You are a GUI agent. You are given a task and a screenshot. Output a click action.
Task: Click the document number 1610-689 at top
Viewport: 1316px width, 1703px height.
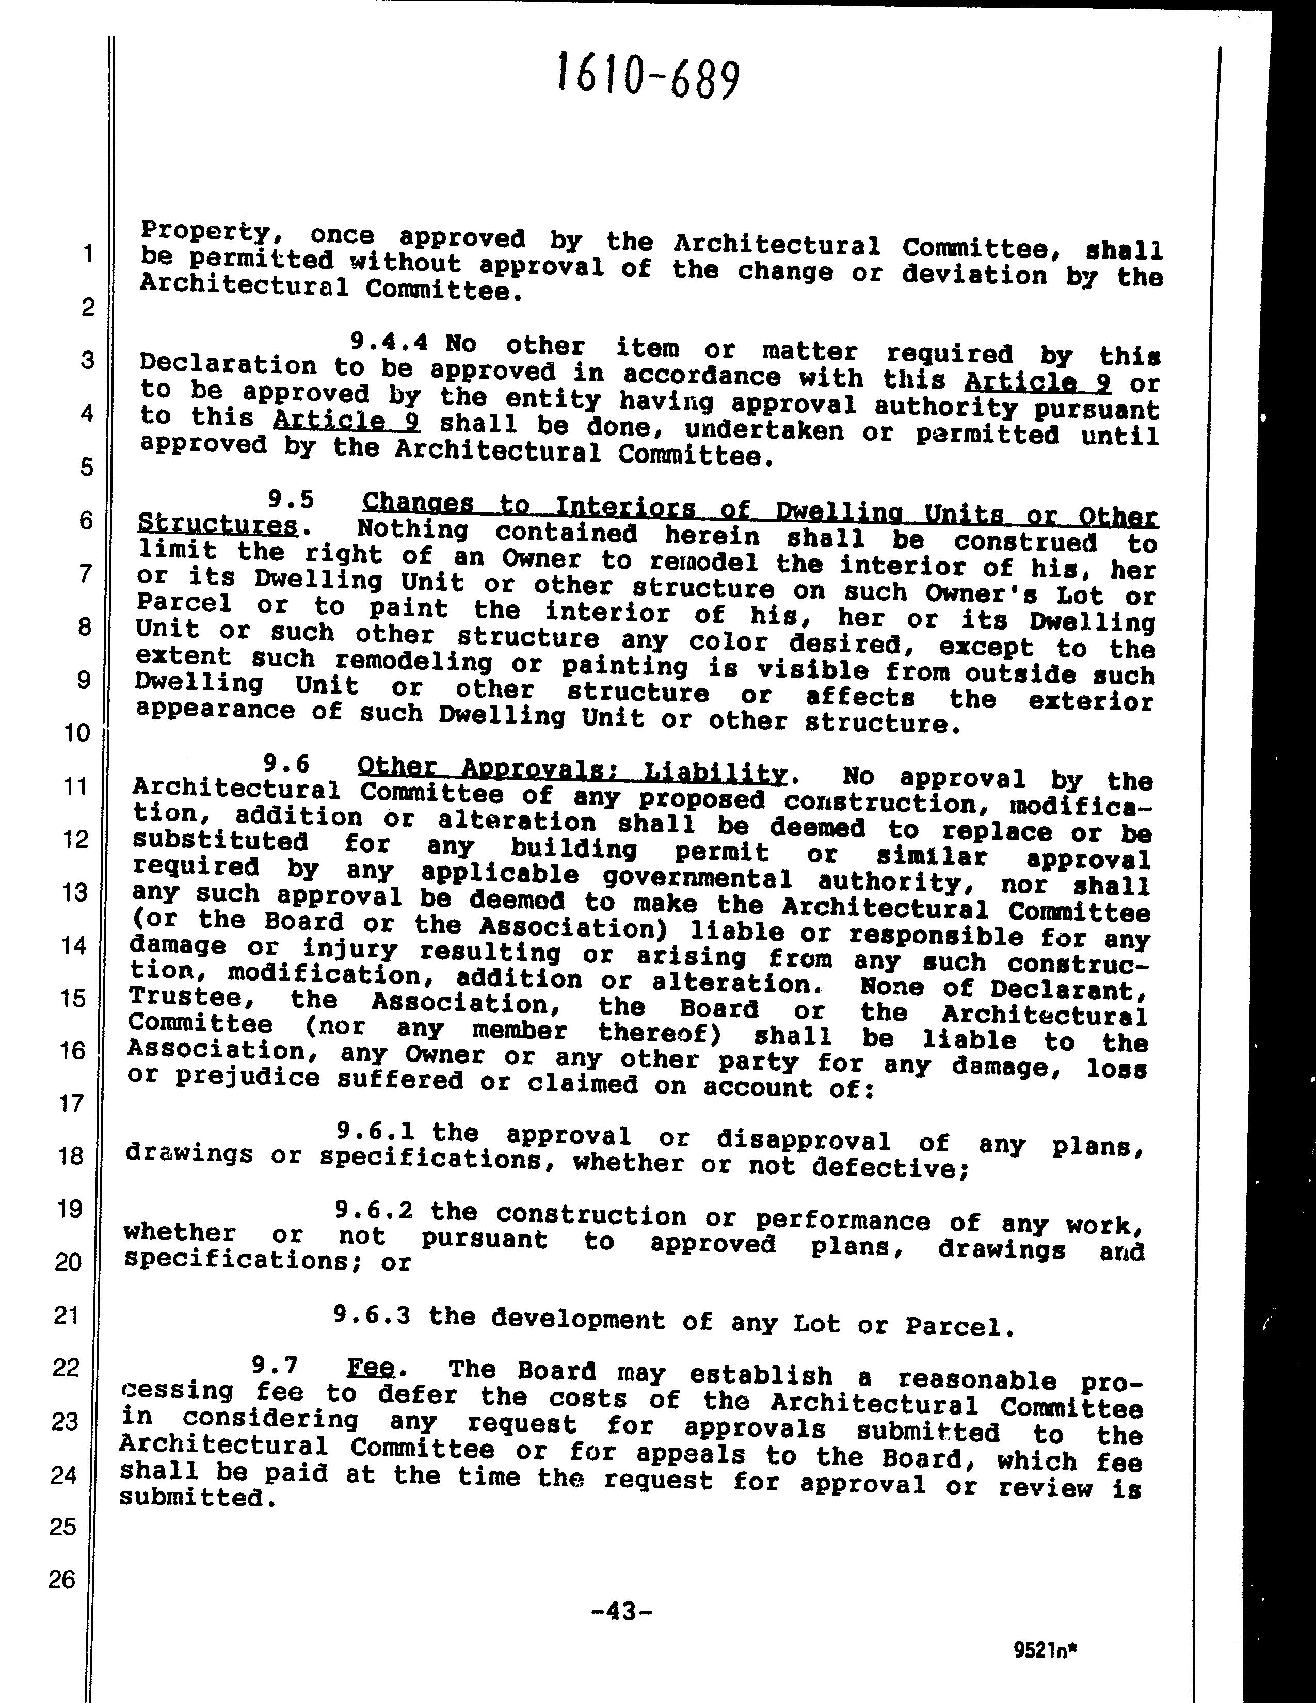point(647,77)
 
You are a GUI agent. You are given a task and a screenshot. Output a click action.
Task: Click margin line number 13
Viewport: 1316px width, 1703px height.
point(74,891)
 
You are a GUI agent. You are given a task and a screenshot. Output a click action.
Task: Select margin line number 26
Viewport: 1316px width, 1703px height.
point(62,1579)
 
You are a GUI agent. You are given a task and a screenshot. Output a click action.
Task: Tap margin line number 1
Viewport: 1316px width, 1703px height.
point(87,253)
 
